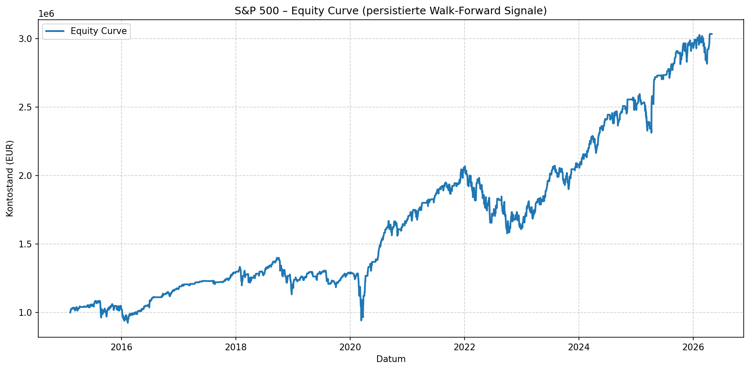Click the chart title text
391,11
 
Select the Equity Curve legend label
98,31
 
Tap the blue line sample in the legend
55,31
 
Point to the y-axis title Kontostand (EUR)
10,178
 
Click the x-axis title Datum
391,359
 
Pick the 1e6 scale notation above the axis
46,14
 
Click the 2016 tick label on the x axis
121,347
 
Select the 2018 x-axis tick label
236,347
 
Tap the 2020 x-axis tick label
350,347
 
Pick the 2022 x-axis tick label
465,347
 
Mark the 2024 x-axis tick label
579,347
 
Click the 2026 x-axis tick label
693,347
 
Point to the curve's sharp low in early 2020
361,320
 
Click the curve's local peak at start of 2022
465,167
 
